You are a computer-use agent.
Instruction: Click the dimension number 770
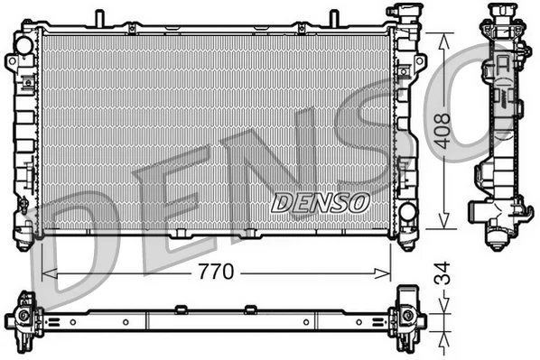tap(217, 272)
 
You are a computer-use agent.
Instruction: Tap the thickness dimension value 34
tap(442, 273)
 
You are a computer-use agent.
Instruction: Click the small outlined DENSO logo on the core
tap(321, 203)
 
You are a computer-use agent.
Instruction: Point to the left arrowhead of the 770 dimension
tap(49, 274)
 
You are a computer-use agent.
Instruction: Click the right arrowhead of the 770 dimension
tap(383, 274)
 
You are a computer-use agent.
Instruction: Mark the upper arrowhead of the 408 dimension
tap(444, 42)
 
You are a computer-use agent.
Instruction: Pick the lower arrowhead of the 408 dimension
tap(444, 220)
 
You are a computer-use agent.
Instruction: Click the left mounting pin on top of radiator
tap(99, 18)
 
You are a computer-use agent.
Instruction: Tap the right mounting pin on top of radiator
tap(334, 18)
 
